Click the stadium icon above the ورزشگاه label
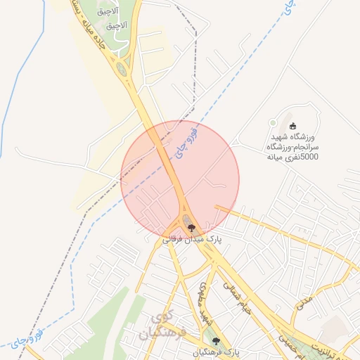tap(293, 125)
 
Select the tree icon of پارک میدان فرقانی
tap(191, 228)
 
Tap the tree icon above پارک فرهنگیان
tap(216, 341)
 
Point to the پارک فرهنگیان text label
tap(217, 352)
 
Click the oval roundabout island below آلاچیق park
tap(122, 70)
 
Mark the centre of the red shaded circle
tap(180, 179)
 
